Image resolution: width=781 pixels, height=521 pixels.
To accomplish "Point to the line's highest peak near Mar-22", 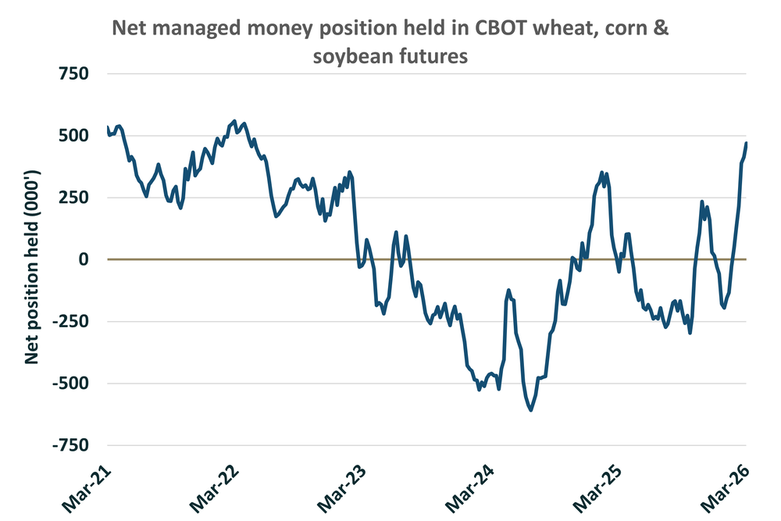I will [234, 121].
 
